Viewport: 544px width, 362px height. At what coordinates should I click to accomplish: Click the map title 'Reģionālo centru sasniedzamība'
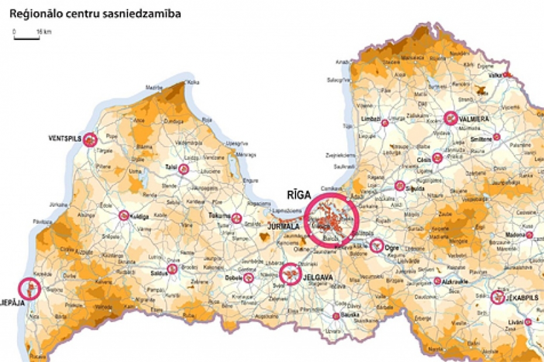(95, 13)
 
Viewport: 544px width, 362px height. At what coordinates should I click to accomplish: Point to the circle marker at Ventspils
(89, 139)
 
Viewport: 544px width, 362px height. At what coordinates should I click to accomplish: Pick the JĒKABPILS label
(522, 298)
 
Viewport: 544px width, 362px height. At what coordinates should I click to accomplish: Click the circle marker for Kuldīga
(124, 215)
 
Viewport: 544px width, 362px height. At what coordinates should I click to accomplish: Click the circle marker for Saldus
(172, 269)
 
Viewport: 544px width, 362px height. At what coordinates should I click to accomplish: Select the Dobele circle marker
(249, 278)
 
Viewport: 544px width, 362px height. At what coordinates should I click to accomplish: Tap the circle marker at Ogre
(376, 244)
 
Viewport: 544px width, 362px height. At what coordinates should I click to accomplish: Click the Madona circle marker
(529, 234)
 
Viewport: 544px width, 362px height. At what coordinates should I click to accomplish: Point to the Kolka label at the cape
(194, 82)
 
